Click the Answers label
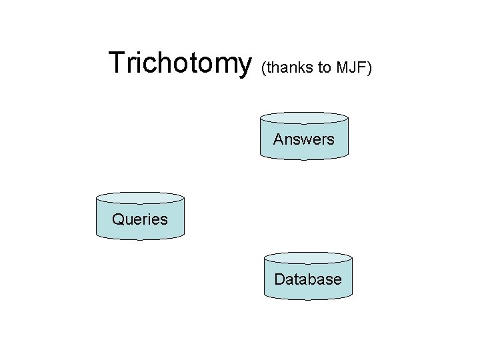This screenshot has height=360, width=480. point(303,139)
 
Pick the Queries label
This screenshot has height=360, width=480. point(140,219)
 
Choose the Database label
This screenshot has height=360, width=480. point(308,279)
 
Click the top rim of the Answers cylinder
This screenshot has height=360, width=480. point(303,117)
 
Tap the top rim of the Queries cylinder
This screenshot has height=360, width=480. point(140,197)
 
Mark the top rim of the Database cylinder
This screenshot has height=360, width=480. point(308,257)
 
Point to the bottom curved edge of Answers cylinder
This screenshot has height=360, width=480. point(303,158)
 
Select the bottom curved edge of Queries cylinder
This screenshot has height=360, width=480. point(140,237)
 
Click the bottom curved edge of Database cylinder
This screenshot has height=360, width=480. point(308,298)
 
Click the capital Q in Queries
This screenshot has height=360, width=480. point(118,219)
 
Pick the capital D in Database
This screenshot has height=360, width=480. point(279,279)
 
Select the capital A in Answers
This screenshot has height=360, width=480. point(278,139)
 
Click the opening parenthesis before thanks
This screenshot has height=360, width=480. point(265,67)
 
